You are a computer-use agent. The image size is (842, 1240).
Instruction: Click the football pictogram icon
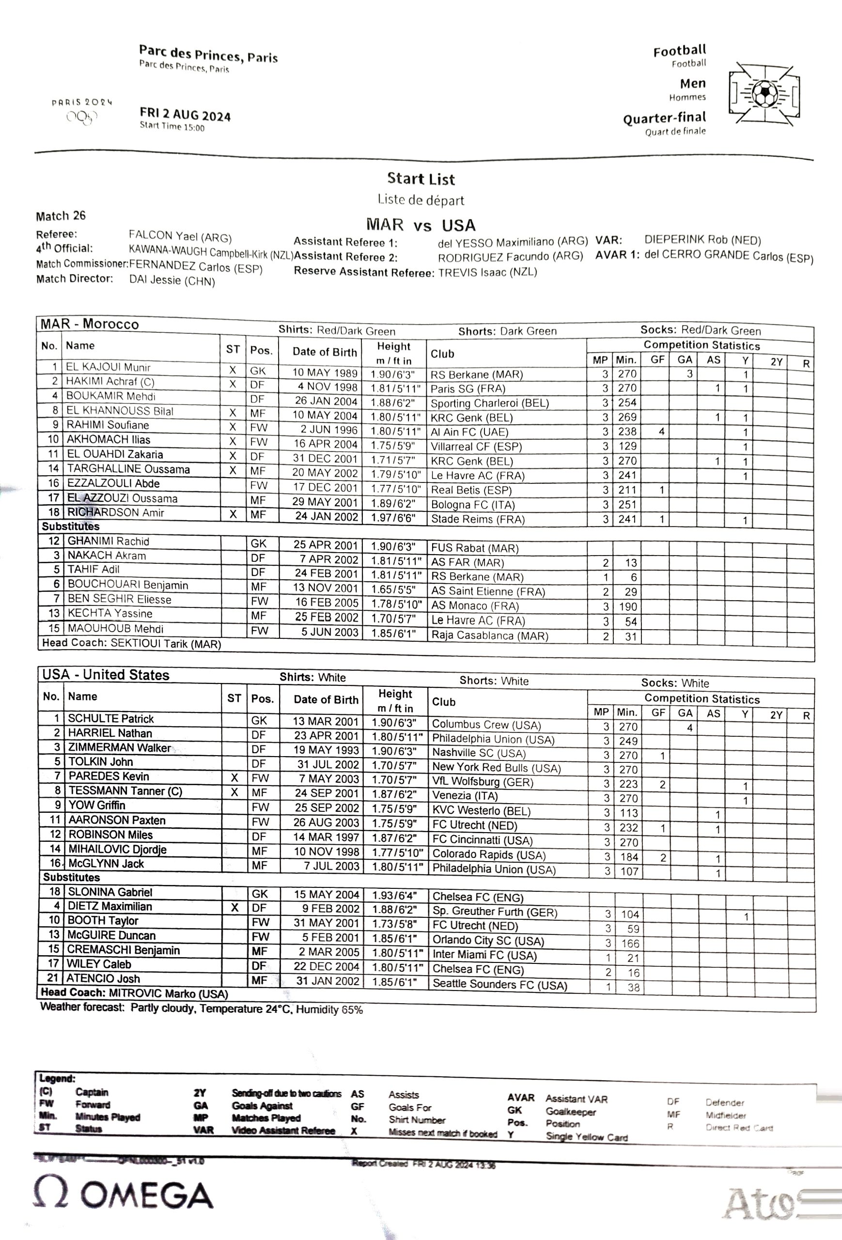764,93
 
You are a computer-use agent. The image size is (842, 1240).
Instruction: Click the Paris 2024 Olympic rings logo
82,117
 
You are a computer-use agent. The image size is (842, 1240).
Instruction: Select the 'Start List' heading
421,179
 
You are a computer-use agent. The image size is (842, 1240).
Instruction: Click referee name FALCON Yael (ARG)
180,236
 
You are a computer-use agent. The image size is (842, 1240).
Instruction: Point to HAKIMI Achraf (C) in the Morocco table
110,382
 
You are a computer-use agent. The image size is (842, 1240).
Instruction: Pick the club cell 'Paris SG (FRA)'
468,388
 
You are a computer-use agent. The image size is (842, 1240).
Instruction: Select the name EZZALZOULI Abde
113,483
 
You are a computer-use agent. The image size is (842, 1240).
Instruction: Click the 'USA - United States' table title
106,674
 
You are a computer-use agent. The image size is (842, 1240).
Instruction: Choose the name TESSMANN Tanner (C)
125,790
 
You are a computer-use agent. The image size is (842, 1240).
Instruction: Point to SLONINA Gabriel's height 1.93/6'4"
394,895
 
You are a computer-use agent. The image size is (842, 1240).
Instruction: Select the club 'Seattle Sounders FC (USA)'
499,984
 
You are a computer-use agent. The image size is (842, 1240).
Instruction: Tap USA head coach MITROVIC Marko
168,993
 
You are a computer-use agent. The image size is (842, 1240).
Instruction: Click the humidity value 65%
352,1009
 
